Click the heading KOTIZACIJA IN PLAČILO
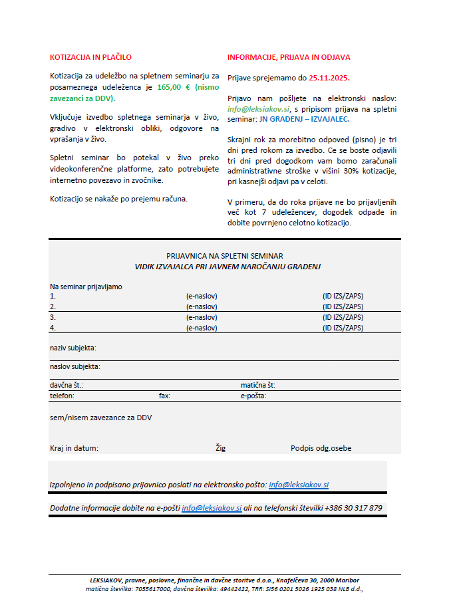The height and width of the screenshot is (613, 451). [91, 57]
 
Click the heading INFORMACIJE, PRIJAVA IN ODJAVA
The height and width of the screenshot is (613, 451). [289, 57]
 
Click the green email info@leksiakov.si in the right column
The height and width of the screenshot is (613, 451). [259, 108]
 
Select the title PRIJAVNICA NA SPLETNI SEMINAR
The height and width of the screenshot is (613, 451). [225, 256]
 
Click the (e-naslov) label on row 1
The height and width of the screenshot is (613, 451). [202, 297]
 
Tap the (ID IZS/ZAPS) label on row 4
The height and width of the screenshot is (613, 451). [343, 328]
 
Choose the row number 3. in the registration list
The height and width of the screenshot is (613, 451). [53, 318]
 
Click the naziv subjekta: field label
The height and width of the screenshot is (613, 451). [73, 348]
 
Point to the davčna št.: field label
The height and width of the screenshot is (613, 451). [67, 385]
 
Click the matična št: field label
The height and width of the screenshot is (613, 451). [258, 385]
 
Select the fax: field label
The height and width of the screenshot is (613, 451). [165, 396]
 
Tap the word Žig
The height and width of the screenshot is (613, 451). [220, 448]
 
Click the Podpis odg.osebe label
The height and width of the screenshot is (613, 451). [321, 448]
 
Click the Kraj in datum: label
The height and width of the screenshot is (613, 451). [74, 448]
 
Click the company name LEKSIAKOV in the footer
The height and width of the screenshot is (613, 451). [110, 580]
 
